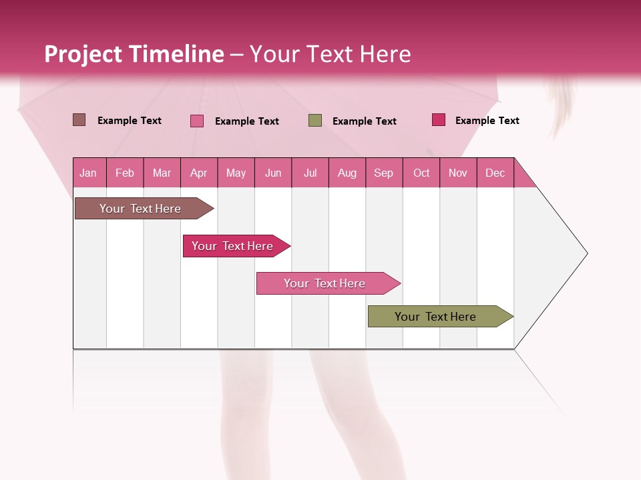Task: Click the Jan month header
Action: [89, 173]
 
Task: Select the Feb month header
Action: [125, 173]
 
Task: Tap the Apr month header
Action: [198, 173]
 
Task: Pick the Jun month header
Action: [272, 173]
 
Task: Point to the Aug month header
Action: [347, 173]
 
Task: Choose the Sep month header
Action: [383, 173]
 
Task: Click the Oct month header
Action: [421, 173]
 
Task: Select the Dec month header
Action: [495, 173]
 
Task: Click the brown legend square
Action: [79, 120]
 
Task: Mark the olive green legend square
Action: [315, 121]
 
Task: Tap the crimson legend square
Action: [438, 120]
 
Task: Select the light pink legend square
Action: [197, 121]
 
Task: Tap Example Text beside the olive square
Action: [364, 121]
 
